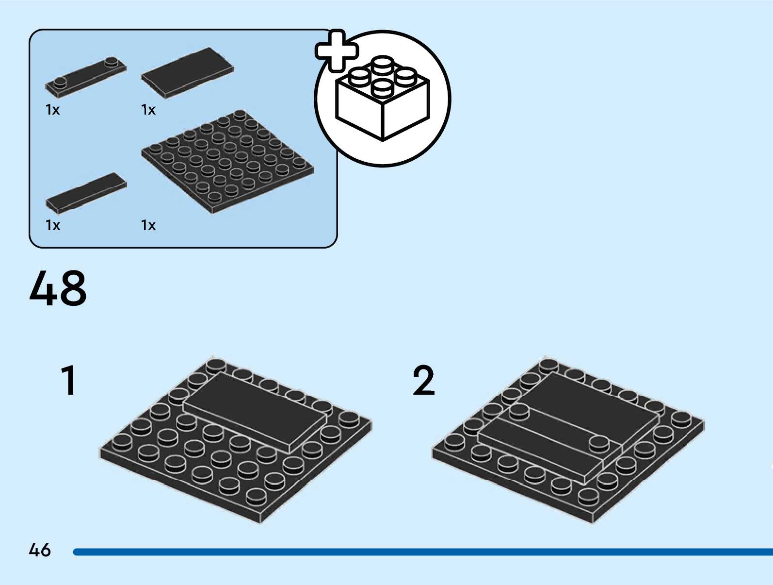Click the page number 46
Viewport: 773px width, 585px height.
[x=40, y=550]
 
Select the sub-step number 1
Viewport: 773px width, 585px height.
[x=69, y=381]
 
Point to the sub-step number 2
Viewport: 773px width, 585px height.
[x=423, y=381]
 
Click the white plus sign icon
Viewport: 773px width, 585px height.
[x=337, y=51]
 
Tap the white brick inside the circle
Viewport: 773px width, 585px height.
[x=383, y=104]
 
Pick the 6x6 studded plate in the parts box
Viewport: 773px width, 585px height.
[x=228, y=162]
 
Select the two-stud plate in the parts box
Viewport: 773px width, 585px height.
[x=86, y=77]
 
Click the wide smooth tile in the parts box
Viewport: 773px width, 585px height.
[x=188, y=72]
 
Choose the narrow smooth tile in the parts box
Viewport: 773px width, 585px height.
[x=86, y=193]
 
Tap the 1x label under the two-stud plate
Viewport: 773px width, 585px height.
[x=52, y=110]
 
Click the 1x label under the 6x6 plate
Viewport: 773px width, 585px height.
[x=148, y=225]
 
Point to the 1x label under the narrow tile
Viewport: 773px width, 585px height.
[x=52, y=225]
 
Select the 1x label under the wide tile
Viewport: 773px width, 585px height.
[x=148, y=110]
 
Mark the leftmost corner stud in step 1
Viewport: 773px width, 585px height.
[x=122, y=442]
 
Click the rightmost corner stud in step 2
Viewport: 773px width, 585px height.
[x=681, y=419]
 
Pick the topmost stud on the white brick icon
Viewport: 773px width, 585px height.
[x=383, y=63]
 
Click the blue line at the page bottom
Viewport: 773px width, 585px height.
[x=422, y=552]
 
